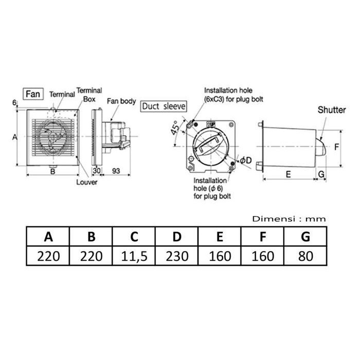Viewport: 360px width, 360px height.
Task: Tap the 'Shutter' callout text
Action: pyautogui.click(x=331, y=110)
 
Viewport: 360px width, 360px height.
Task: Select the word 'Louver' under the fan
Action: pyautogui.click(x=87, y=182)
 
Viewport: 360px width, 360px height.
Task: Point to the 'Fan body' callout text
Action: pyautogui.click(x=121, y=101)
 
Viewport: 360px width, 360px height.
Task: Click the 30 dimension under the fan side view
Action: pyautogui.click(x=96, y=170)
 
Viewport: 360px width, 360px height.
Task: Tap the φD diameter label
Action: pyautogui.click(x=245, y=160)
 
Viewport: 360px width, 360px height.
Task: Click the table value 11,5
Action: pyautogui.click(x=134, y=256)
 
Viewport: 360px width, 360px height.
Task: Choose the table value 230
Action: pyautogui.click(x=177, y=256)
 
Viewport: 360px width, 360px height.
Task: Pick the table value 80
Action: pyautogui.click(x=305, y=256)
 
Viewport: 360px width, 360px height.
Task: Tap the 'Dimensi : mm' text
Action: pyautogui.click(x=289, y=219)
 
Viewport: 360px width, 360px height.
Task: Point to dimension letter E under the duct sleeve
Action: pyautogui.click(x=288, y=174)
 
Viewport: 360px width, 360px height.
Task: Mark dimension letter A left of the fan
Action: pyautogui.click(x=14, y=137)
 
